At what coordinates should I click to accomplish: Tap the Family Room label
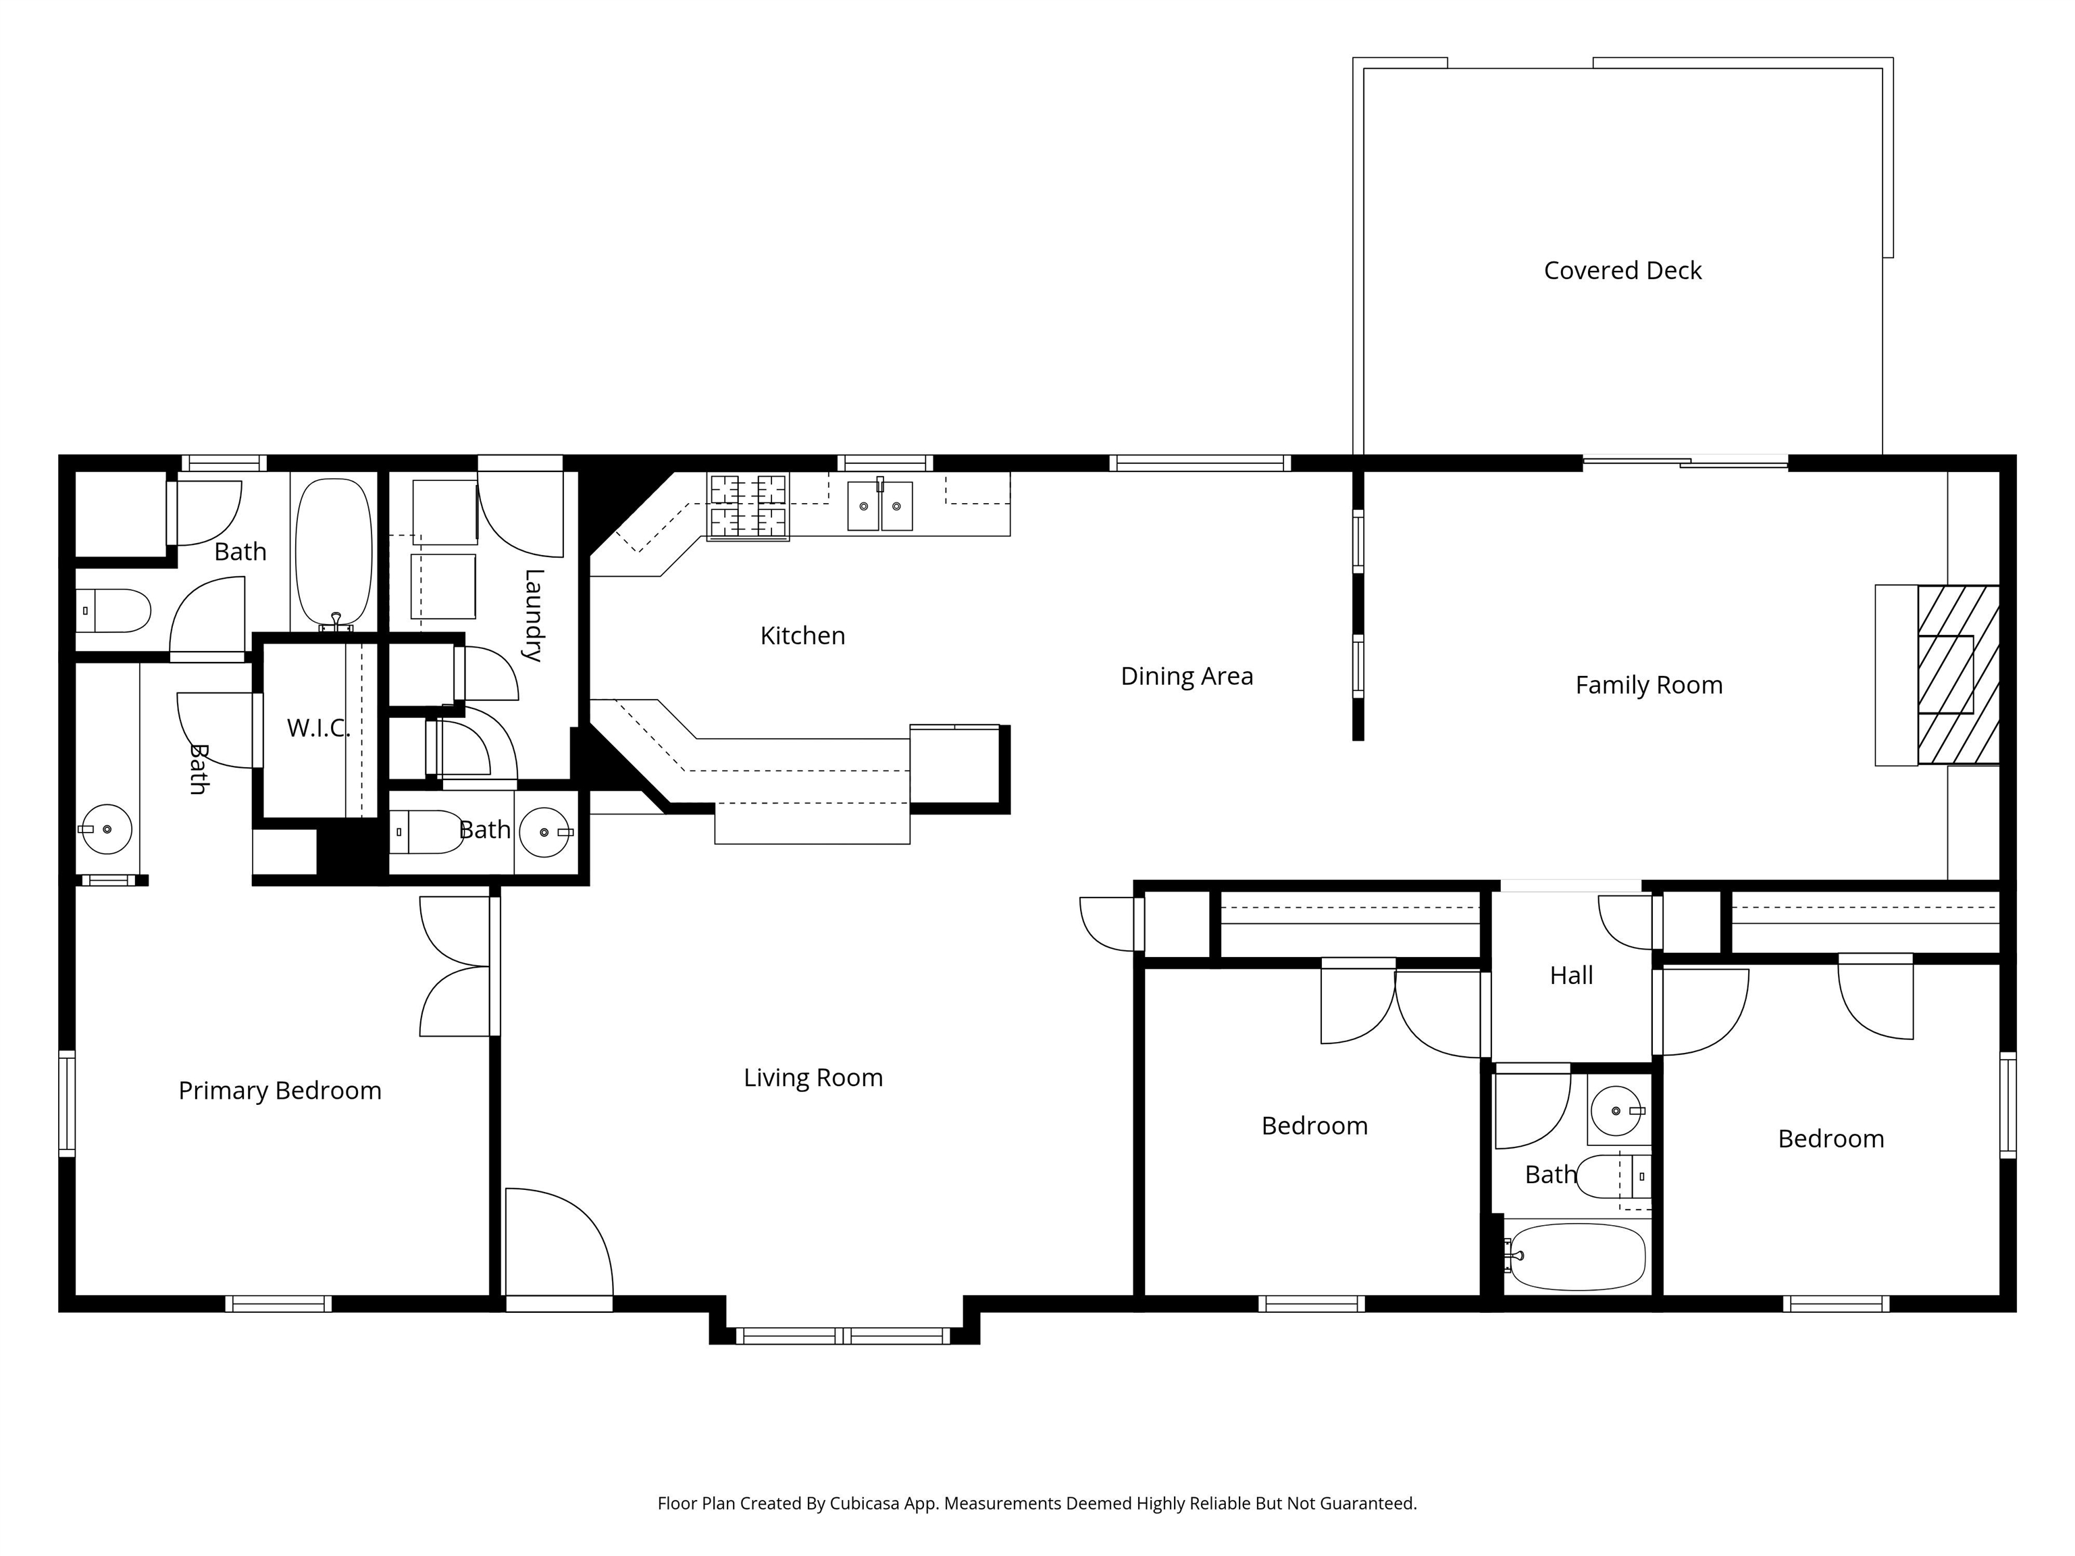(x=1648, y=685)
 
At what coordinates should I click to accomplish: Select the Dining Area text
(x=1187, y=676)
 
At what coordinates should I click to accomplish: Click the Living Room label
(x=813, y=1078)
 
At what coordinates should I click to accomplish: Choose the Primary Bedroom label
(x=280, y=1091)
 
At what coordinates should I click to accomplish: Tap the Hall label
(x=1571, y=975)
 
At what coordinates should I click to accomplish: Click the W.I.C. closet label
(x=319, y=728)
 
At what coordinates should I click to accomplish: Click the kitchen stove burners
(x=748, y=507)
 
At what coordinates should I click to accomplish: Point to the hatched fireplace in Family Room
(x=1957, y=675)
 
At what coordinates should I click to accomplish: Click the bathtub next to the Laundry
(x=334, y=553)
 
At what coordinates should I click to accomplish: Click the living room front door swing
(x=559, y=1243)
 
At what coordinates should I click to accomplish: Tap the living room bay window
(x=844, y=1336)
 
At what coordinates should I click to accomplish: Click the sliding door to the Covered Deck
(x=1686, y=461)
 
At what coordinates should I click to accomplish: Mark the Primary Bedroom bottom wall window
(x=278, y=1303)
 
